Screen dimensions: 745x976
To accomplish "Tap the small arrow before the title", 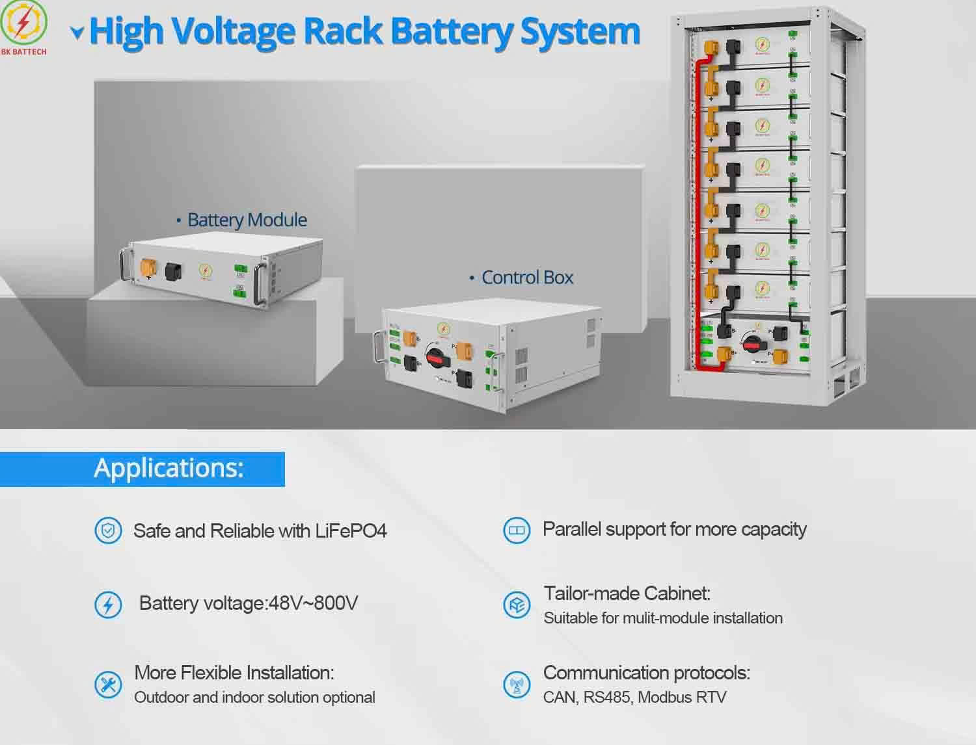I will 77,33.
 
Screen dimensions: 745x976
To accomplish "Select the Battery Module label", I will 247,220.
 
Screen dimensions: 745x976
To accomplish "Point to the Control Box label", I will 527,278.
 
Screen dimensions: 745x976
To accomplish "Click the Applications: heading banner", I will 169,468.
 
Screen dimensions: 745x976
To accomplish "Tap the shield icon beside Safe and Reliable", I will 108,531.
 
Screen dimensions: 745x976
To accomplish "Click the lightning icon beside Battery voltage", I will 108,605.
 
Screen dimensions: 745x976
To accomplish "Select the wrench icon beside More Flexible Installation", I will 108,685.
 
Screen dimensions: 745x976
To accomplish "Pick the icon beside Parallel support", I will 517,530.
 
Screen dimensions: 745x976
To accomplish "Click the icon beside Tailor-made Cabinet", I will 517,605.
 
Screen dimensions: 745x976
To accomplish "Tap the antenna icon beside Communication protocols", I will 517,685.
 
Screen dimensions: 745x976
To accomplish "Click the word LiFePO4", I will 351,531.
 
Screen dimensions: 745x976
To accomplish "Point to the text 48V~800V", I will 313,603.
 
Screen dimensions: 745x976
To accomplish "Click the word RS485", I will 606,698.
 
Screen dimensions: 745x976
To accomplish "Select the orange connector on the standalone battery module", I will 148,267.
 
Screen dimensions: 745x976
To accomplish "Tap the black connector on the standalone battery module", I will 174,270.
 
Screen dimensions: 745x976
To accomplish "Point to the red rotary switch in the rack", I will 751,344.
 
